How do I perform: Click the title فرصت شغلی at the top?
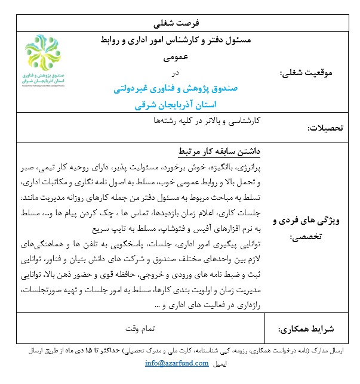180,23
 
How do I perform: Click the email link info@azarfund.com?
176,363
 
